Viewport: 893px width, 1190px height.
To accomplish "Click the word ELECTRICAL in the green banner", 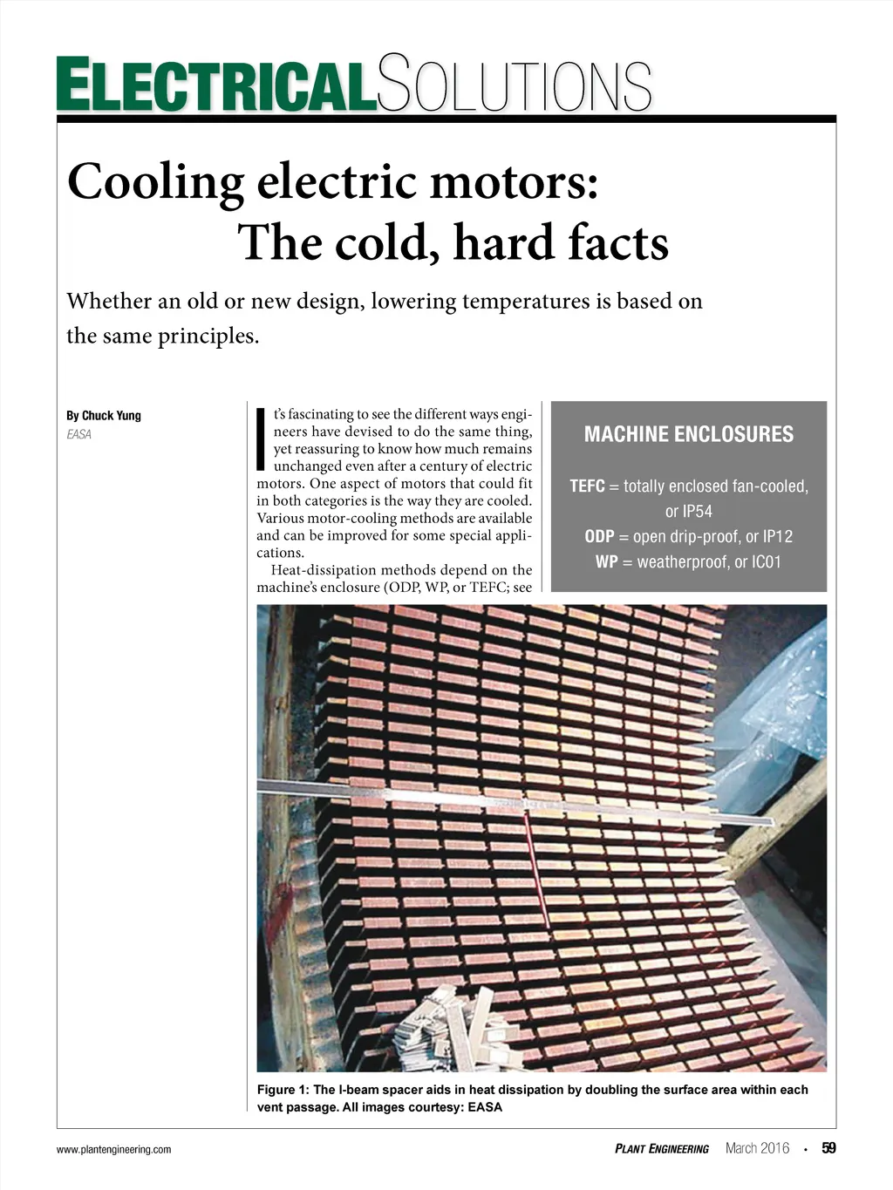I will coord(216,85).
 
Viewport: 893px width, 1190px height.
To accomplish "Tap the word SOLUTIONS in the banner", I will coord(515,85).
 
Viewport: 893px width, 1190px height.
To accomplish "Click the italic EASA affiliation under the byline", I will coord(78,434).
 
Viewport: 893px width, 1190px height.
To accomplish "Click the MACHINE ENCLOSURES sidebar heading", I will coord(688,434).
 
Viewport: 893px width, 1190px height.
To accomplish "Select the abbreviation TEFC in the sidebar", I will coord(587,486).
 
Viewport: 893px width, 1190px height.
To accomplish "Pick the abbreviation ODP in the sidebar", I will coord(599,537).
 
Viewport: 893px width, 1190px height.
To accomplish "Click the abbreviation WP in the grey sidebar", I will coord(607,562).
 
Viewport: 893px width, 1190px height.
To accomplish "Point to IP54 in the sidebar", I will coord(688,512).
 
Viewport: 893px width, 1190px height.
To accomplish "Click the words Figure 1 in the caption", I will coord(283,1090).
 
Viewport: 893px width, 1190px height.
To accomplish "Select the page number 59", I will coord(828,1148).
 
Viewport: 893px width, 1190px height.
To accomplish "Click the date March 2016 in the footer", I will coord(757,1148).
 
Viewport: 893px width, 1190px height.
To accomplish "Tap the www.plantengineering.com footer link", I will coord(113,1150).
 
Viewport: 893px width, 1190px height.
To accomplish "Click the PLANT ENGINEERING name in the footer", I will coord(662,1149).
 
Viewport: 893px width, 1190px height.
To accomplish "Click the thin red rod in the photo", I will coord(537,872).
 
